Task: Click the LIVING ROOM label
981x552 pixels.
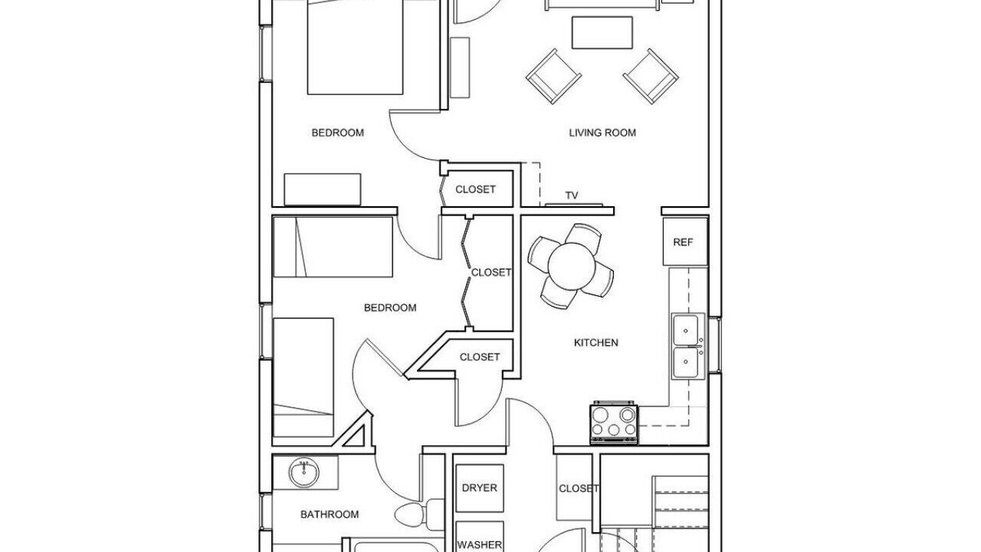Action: tap(602, 133)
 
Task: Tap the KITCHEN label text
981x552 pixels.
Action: tap(596, 343)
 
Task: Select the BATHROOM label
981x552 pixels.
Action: tap(330, 514)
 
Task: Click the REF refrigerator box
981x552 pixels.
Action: tap(685, 242)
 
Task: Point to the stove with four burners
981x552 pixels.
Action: tap(614, 423)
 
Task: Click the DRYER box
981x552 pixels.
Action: tap(480, 488)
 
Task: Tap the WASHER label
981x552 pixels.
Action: tap(480, 545)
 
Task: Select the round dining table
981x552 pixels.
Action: tap(571, 266)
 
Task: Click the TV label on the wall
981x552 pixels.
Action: tap(572, 195)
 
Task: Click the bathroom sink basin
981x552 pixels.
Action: tap(303, 473)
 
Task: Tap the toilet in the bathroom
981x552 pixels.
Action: tap(419, 513)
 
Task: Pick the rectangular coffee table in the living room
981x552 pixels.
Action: tap(602, 33)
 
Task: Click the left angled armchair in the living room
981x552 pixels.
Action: tap(553, 76)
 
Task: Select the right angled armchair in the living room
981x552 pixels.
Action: tap(651, 76)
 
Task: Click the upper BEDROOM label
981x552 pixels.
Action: tap(338, 133)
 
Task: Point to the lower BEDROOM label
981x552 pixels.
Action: tap(390, 308)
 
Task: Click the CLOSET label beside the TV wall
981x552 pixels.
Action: tap(476, 189)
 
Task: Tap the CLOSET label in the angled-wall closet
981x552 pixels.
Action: tap(480, 357)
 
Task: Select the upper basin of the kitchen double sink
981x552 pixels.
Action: tap(685, 330)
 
